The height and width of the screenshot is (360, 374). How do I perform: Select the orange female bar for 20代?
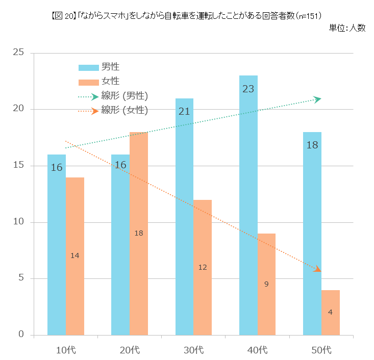point(139,255)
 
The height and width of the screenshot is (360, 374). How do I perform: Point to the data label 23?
point(248,89)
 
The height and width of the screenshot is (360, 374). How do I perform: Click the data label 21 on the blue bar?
point(184,111)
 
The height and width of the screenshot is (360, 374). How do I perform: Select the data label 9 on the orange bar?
point(266,284)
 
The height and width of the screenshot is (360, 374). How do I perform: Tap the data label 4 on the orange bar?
point(331,312)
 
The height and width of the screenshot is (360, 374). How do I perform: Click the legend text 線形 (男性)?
point(124,96)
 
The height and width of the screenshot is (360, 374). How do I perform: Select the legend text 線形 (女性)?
point(124,110)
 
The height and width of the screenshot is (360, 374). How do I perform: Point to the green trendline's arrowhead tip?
point(320,99)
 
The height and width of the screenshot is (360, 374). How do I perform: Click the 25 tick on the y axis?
point(18,53)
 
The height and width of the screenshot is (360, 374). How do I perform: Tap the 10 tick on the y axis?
point(18,222)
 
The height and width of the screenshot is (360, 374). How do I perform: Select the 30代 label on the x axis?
point(193,350)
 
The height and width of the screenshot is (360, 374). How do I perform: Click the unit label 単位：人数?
point(347,28)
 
